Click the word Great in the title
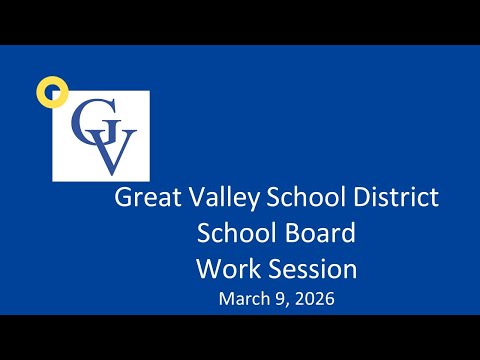(148, 197)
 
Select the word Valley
(224, 198)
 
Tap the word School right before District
(307, 197)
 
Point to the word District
(396, 197)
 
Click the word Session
(313, 269)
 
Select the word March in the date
(244, 298)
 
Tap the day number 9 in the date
(280, 298)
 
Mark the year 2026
(314, 298)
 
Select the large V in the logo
(112, 152)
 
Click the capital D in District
(363, 197)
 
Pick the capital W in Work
(210, 269)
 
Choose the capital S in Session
(275, 269)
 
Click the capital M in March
(226, 299)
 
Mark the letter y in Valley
(252, 201)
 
